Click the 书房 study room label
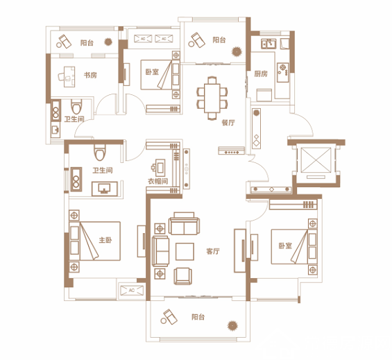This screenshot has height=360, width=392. pos(90,75)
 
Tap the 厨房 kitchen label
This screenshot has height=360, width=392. pos(261,74)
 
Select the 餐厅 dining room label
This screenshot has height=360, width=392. pos(228,123)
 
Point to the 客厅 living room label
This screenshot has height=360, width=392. pos(213,251)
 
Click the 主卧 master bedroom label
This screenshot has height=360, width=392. pos(105,240)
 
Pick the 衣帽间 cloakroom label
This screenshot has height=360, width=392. pos(157,181)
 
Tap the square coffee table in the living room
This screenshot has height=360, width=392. pos(185,252)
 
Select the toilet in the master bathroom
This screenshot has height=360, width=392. pos(100,152)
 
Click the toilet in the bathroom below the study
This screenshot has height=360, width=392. pos(76,107)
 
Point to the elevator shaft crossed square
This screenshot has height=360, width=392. pos(316,160)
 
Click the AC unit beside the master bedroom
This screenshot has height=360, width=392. pos(132,290)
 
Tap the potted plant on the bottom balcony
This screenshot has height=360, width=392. pos(232,325)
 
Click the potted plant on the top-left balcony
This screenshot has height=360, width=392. pos(108,42)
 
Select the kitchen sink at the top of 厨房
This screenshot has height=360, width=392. pos(269,44)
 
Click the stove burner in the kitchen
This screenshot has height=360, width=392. pos(283,67)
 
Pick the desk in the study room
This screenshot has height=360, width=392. pos(69,76)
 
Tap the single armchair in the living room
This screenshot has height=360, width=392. pos(183,276)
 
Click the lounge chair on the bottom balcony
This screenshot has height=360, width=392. pos(171,316)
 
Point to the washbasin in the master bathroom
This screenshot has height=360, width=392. pos(105,189)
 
